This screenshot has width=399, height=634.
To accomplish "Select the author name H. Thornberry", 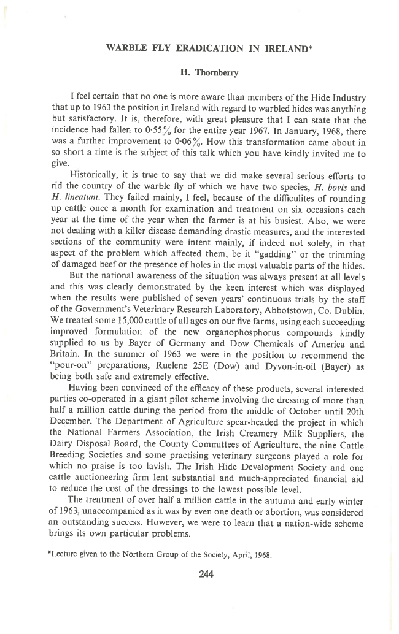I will coord(199,72).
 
